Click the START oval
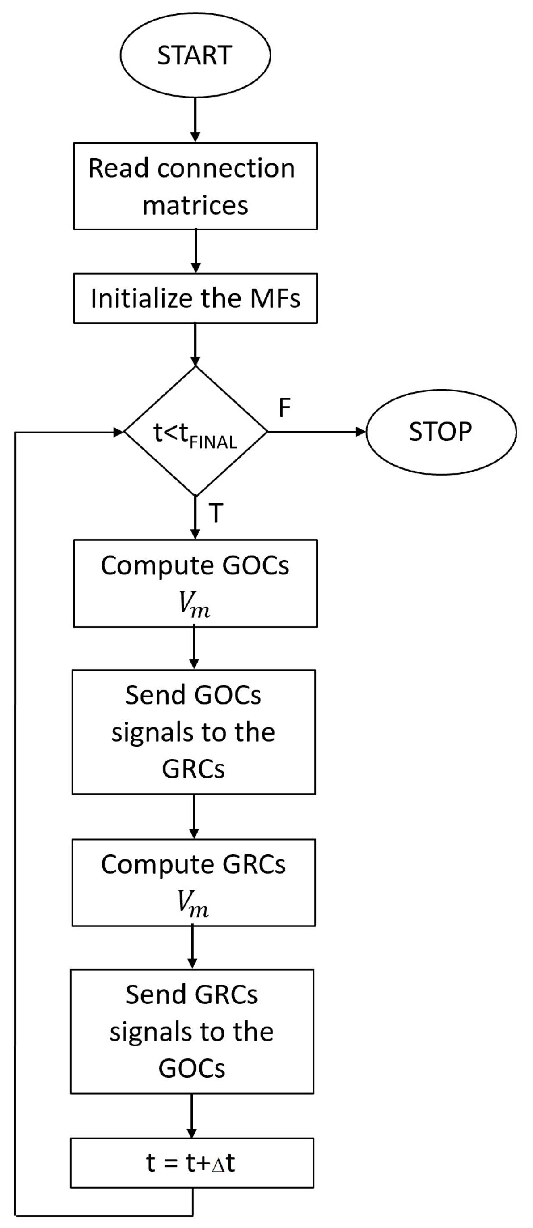pos(195,55)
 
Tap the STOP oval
pos(441,432)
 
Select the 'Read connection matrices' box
pos(195,186)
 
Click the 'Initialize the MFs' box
pos(195,298)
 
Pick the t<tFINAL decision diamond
pos(195,432)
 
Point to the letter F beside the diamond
pos(284,408)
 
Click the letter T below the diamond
pos(216,513)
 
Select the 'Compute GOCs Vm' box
pos(195,583)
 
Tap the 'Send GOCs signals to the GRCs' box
pos(194,732)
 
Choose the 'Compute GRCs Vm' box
pos(194,883)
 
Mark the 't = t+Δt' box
pos(192,1163)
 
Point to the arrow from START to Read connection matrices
pos(195,117)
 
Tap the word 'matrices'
pos(195,205)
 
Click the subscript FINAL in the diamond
pos(213,443)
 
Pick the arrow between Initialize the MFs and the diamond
pos(195,344)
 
